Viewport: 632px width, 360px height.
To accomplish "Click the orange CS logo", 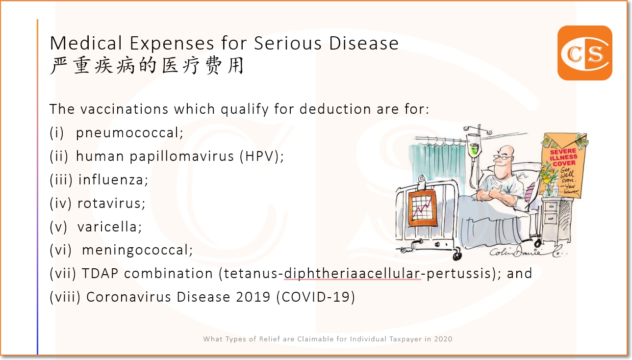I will [x=584, y=53].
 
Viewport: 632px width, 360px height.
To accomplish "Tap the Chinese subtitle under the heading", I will [x=147, y=66].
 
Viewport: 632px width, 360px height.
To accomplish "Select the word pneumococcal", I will [x=129, y=133].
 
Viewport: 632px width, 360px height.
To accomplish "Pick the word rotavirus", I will [x=111, y=203].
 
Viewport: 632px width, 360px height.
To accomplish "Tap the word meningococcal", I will [x=137, y=250].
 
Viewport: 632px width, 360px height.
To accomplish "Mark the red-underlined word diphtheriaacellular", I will [x=353, y=273].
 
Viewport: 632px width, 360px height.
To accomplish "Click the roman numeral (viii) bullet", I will [x=65, y=297].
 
